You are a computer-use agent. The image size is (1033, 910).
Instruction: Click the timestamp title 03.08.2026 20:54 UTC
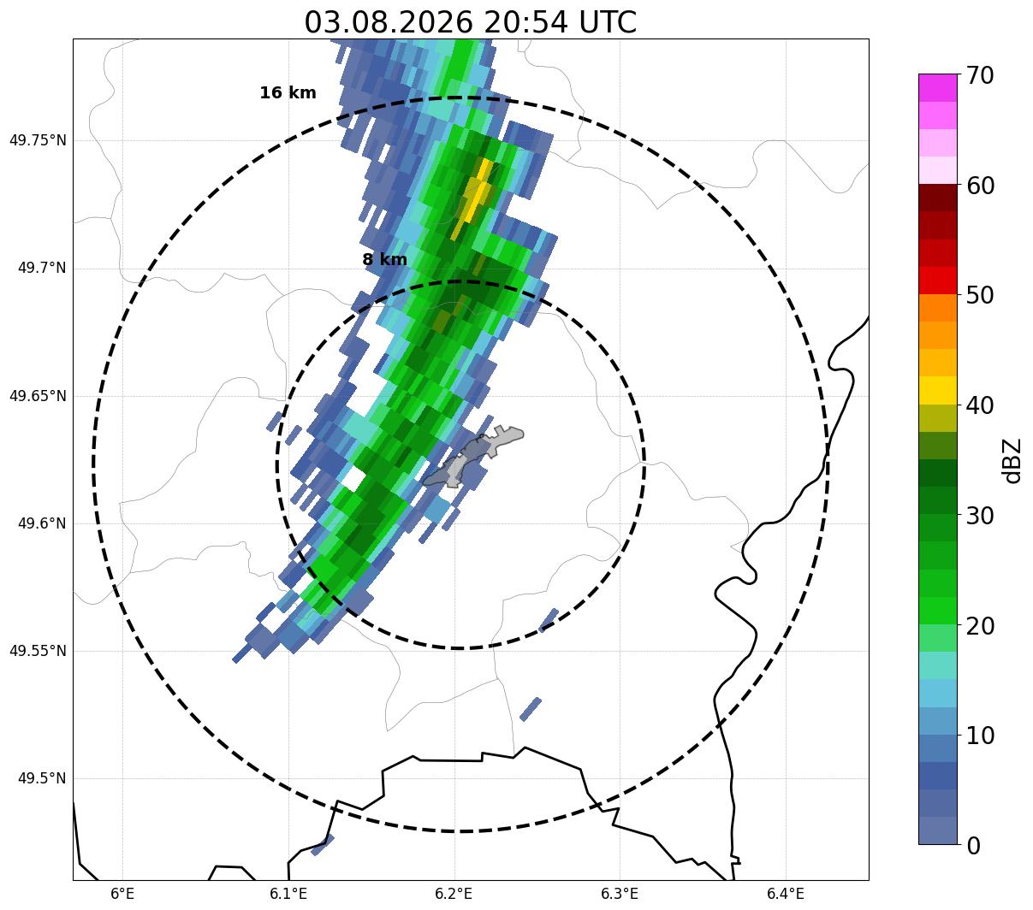(x=470, y=22)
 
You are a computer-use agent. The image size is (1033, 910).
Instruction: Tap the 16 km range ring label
(x=288, y=92)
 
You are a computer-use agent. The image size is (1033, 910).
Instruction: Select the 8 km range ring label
(x=385, y=259)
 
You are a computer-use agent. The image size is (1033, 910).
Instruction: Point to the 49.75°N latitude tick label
(x=38, y=140)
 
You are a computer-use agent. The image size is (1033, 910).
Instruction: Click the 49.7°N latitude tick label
(x=42, y=268)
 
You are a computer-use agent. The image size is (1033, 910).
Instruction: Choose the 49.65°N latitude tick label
(x=38, y=395)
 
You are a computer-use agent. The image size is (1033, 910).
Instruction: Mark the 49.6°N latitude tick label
(x=42, y=523)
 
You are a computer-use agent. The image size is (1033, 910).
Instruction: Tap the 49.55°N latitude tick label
(x=38, y=651)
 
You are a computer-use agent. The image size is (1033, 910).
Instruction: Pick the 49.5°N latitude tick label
(x=42, y=778)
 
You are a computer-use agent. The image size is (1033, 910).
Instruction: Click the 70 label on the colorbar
(x=980, y=75)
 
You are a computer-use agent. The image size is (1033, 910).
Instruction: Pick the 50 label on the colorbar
(x=980, y=295)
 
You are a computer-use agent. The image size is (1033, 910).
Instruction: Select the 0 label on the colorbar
(x=973, y=846)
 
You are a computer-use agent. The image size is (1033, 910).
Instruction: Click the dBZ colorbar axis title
(x=1011, y=461)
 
